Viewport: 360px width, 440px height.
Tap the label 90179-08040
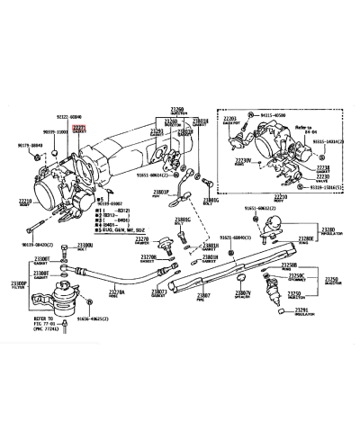[30, 144]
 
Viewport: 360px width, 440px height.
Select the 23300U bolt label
[87, 245]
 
